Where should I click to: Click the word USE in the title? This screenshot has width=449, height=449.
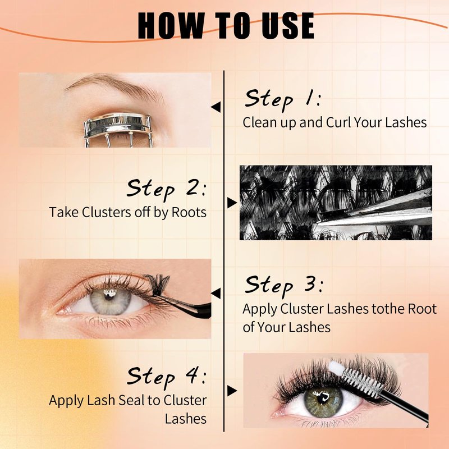pos(288,26)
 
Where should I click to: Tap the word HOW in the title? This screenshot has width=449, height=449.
pos(171,26)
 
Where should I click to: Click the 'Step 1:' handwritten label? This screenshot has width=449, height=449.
pos(283,99)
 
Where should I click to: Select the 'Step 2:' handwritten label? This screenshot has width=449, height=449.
pos(166,189)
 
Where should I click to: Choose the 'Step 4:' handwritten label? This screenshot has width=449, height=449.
pos(167,377)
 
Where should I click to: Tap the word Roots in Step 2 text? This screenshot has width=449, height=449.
pos(189,213)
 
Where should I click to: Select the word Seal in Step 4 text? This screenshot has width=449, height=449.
pos(132,400)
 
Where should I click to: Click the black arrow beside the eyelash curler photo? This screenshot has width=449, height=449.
pos(216,107)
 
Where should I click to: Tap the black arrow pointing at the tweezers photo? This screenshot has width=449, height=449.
pos(232,203)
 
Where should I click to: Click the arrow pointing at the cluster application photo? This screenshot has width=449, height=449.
pos(216,294)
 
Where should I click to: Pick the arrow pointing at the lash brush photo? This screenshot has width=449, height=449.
pos(232,391)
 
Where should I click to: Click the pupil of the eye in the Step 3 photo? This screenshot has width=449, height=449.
pos(109,296)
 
